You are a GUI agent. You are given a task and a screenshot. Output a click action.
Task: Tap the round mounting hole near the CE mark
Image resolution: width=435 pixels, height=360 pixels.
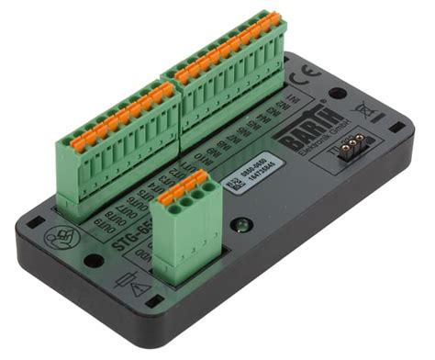[x=339, y=92]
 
